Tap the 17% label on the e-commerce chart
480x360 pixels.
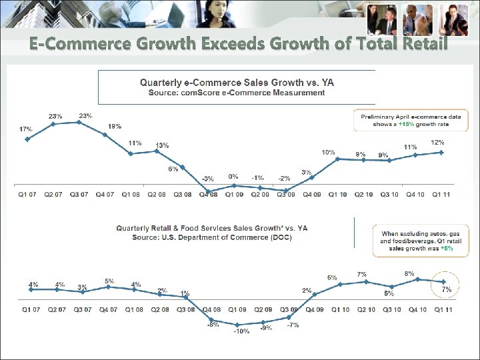coord(25,128)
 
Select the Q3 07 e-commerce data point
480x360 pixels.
coord(79,122)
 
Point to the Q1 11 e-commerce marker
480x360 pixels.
coord(441,152)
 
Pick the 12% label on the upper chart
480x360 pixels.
coord(438,142)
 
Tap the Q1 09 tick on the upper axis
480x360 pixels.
coord(233,194)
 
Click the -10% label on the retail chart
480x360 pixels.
coord(241,331)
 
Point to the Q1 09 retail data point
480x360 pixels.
coord(237,325)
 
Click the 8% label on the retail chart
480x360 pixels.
coord(409,273)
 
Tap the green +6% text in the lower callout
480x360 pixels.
coord(447,248)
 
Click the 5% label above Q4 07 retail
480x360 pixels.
coord(109,281)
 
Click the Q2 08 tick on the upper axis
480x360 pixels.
coord(156,194)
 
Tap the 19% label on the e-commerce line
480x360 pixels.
coord(115,126)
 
